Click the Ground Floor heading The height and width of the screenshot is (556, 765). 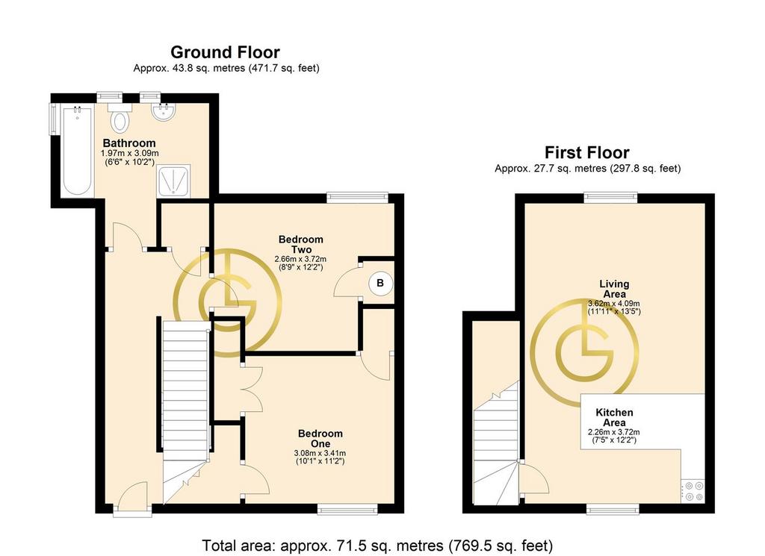point(225,52)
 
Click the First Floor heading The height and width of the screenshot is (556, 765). point(587,152)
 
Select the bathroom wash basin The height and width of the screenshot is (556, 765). point(162,112)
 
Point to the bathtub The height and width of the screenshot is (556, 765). point(77,152)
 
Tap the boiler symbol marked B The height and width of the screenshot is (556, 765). point(380,283)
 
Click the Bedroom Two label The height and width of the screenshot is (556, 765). point(300,244)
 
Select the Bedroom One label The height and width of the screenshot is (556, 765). point(320,439)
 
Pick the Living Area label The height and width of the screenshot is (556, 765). point(614,289)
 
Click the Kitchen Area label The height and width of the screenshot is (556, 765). point(614,418)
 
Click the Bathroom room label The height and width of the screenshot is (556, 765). point(129,143)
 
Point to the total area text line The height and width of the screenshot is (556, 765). point(377,545)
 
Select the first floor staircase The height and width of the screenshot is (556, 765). point(496,443)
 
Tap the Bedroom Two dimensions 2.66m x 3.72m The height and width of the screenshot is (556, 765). point(300,259)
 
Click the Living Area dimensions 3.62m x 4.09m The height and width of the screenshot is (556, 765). point(614,304)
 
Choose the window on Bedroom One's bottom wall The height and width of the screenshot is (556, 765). point(347,509)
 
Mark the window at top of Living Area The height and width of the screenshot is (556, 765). point(612,197)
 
